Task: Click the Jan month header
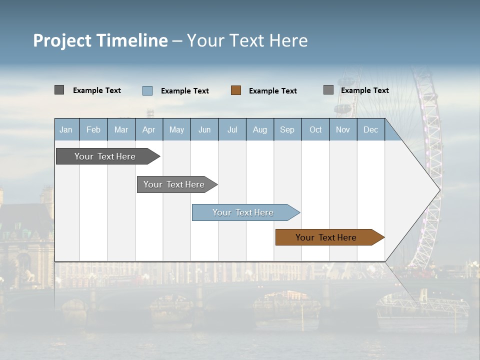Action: click(x=66, y=129)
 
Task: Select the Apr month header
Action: click(x=148, y=129)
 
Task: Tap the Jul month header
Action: click(x=232, y=129)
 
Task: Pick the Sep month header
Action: click(x=287, y=129)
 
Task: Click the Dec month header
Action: click(x=370, y=129)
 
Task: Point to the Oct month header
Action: click(x=315, y=129)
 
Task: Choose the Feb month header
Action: click(x=93, y=129)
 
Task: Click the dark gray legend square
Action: click(x=59, y=90)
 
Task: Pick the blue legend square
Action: click(x=147, y=90)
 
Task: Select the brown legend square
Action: click(x=236, y=90)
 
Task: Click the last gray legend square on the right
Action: click(x=328, y=90)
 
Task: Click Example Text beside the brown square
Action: click(x=273, y=91)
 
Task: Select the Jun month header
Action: click(x=204, y=129)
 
